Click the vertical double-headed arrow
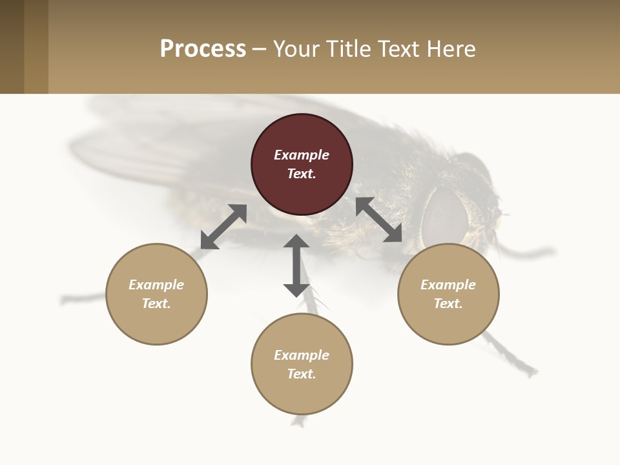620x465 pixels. (296, 265)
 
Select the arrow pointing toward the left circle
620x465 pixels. (223, 227)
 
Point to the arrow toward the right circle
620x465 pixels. (379, 220)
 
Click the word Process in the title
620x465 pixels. (203, 49)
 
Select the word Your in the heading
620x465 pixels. (294, 49)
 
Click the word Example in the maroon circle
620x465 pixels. (302, 155)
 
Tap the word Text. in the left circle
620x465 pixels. (156, 304)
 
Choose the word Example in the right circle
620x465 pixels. (448, 285)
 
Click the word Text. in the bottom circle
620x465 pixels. (302, 374)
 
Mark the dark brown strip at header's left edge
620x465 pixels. (12, 46)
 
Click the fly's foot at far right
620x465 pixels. (530, 371)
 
